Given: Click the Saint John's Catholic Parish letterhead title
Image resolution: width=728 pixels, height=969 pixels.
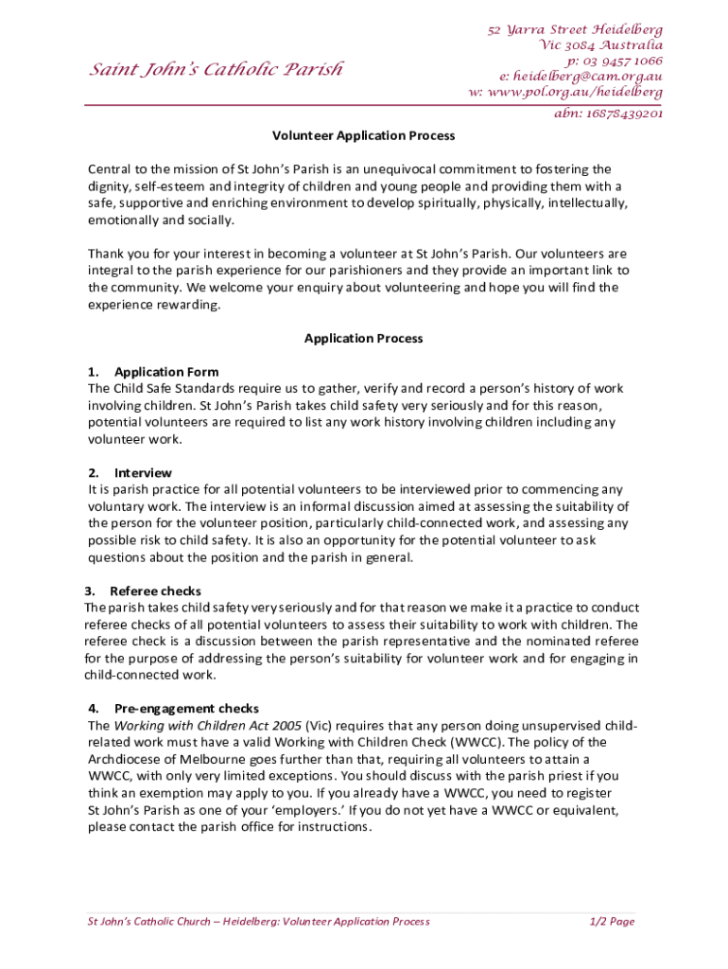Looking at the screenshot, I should click(x=216, y=69).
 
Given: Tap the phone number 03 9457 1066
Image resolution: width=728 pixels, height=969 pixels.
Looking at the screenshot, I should click(x=615, y=62).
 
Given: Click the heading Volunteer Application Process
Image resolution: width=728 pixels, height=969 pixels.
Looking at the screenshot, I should click(x=364, y=136).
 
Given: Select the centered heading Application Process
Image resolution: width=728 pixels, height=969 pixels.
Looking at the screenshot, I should click(x=364, y=339).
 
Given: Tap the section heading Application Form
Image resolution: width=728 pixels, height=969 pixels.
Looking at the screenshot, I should click(x=166, y=372).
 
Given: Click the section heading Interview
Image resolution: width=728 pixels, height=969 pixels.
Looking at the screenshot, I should click(x=144, y=472).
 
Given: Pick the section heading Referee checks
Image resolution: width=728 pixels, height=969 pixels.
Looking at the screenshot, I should click(x=155, y=591).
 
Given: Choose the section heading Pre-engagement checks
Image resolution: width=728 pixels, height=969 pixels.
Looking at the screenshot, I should click(x=186, y=709).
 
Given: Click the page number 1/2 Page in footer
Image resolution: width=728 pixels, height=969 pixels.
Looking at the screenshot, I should click(x=612, y=922).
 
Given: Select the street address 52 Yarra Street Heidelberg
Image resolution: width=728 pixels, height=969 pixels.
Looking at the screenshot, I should click(x=575, y=30).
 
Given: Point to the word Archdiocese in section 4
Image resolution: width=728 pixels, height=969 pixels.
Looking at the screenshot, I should click(x=124, y=759).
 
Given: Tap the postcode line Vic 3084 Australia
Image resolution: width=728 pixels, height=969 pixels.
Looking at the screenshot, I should click(x=600, y=45).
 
